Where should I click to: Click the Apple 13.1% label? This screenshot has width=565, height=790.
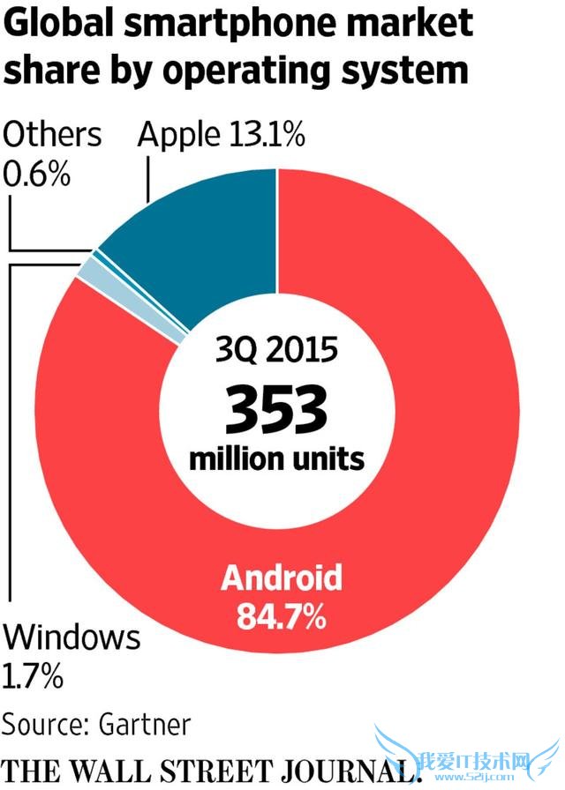(x=222, y=136)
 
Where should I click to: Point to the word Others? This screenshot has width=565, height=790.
(x=52, y=136)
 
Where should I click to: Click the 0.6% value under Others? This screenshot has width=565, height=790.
(x=37, y=175)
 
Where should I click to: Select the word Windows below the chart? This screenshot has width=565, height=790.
(x=72, y=637)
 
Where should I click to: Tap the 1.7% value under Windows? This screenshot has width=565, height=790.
(x=34, y=676)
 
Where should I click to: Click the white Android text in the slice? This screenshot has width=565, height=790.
(x=281, y=578)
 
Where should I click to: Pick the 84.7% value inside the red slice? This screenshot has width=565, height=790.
(x=281, y=615)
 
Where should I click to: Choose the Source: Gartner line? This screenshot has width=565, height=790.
(x=95, y=724)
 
